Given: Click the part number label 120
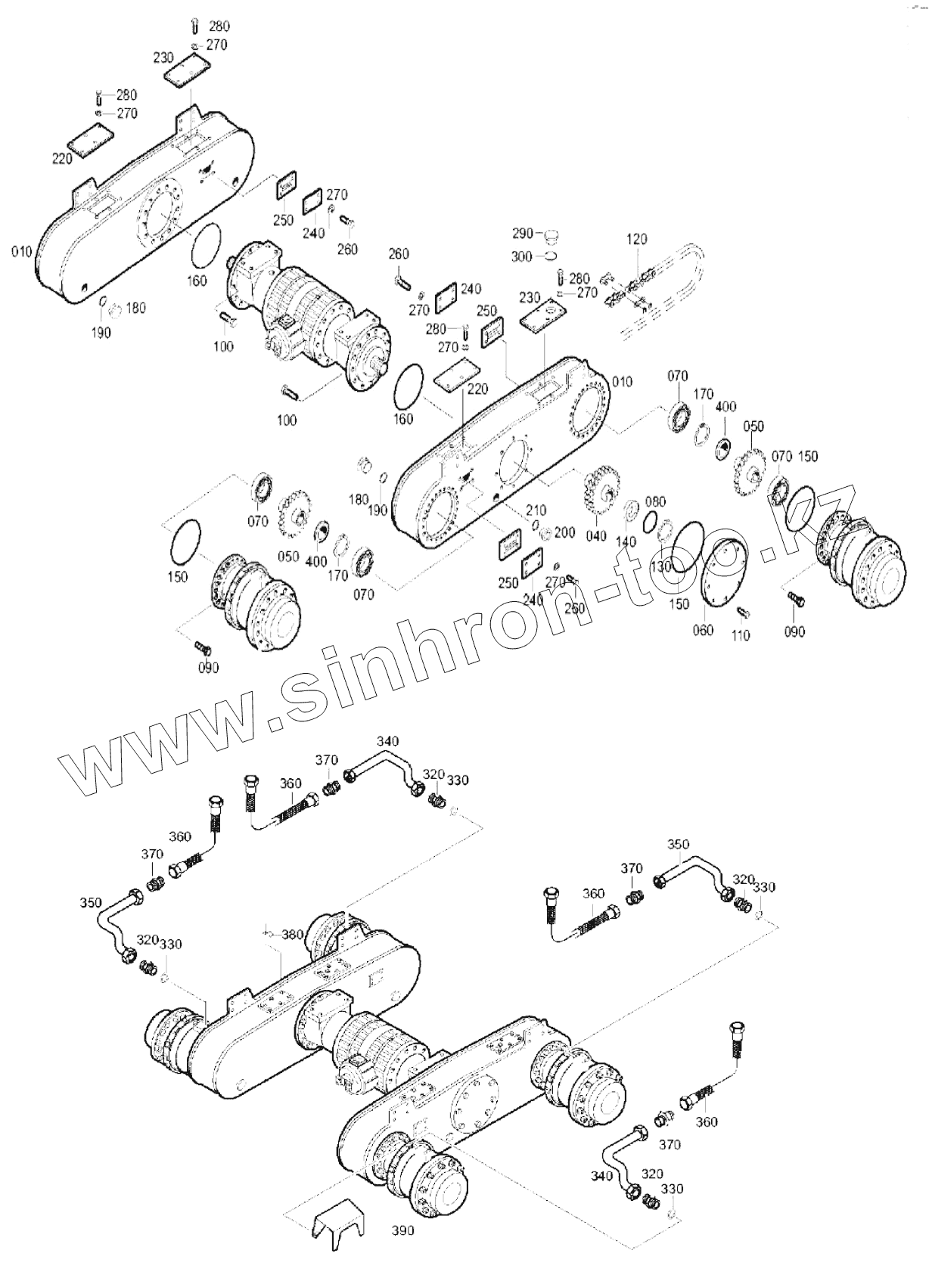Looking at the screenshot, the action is pyautogui.click(x=637, y=240).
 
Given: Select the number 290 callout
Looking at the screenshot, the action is pyautogui.click(x=523, y=233).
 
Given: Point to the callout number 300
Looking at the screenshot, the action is pyautogui.click(x=522, y=257).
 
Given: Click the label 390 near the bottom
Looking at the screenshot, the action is pyautogui.click(x=403, y=1230).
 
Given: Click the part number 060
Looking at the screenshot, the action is pyautogui.click(x=702, y=630).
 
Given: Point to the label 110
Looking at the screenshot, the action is pyautogui.click(x=740, y=635).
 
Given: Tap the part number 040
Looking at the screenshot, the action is pyautogui.click(x=596, y=536).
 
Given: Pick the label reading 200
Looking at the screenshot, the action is pyautogui.click(x=564, y=532).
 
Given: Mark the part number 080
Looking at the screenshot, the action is pyautogui.click(x=655, y=502).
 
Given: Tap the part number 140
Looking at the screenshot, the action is pyautogui.click(x=626, y=541).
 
